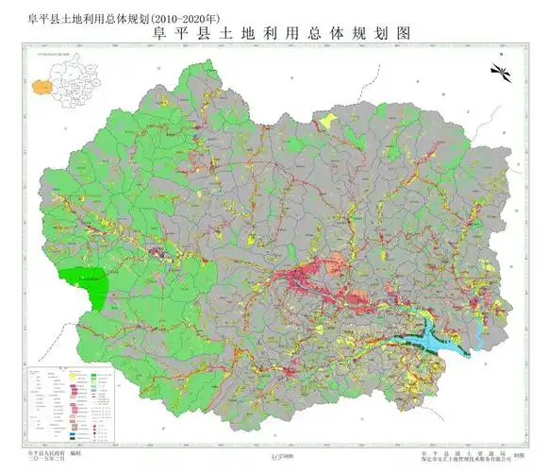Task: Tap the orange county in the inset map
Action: point(41,87)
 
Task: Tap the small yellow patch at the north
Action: point(326,121)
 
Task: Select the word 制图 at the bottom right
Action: point(518,453)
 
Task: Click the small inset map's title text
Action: point(58,57)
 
